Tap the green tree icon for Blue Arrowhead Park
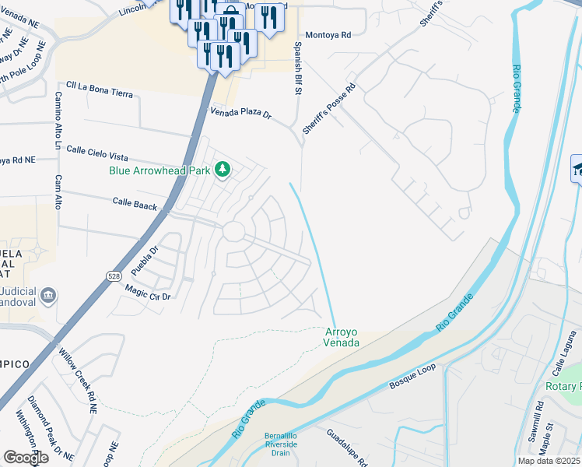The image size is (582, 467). tap(223, 169)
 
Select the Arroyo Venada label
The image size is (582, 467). tap(342, 337)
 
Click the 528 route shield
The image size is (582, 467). tap(113, 276)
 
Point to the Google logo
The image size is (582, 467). tap(25, 458)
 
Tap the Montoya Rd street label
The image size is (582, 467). tap(328, 35)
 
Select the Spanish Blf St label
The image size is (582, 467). tap(297, 71)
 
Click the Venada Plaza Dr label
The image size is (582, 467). tap(241, 114)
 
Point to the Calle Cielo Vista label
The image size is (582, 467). tap(97, 149)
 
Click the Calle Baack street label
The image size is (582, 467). tap(135, 204)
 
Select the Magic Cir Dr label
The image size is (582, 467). tap(148, 293)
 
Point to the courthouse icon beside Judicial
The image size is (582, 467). tap(48, 296)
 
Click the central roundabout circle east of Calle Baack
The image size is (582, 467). tap(233, 231)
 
